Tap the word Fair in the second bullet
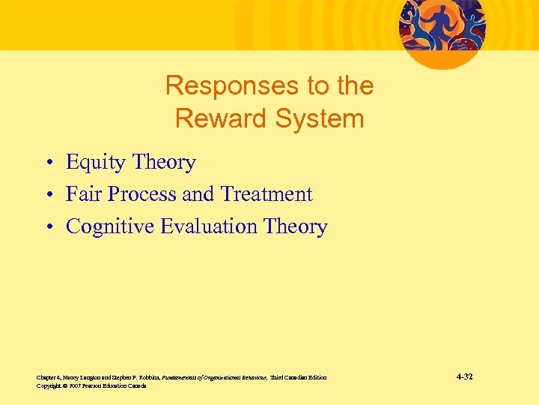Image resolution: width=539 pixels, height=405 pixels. [x=83, y=194]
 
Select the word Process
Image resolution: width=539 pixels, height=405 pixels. [x=140, y=194]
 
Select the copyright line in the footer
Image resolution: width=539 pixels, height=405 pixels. [x=91, y=385]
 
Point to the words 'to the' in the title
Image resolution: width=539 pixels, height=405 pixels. [x=334, y=86]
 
